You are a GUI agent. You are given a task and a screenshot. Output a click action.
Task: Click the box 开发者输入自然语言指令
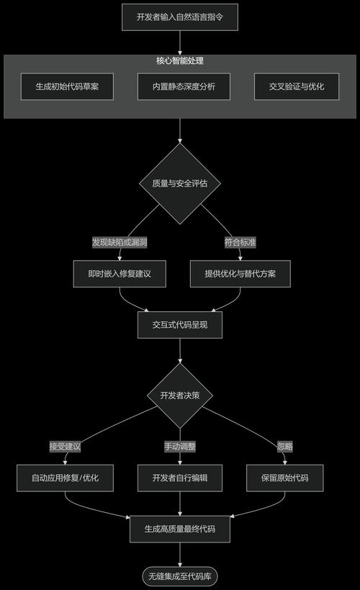point(179,17)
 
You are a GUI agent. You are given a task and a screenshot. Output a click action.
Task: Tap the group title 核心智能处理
point(179,61)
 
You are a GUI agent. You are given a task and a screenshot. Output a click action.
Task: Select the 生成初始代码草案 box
point(67,86)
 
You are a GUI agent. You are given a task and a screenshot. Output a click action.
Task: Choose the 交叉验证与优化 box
point(297,86)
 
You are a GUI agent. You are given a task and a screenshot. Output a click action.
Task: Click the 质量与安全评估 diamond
point(179,183)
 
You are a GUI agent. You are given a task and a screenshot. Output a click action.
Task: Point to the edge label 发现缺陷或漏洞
point(120,242)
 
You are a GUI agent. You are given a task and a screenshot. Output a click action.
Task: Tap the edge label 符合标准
point(240,242)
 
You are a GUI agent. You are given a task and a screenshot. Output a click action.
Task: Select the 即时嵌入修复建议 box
point(120,274)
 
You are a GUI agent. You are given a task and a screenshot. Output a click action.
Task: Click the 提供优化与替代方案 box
point(240,274)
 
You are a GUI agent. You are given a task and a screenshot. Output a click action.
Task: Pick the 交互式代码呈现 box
point(179,325)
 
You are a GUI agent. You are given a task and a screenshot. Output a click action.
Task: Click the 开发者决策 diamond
point(179,395)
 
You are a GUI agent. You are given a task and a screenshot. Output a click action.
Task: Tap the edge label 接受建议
point(65,446)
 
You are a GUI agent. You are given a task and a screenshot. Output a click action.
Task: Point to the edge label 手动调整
point(179,446)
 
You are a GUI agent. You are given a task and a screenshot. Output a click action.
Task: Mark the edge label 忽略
point(285,446)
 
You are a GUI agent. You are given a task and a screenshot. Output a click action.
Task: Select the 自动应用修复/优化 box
point(65,478)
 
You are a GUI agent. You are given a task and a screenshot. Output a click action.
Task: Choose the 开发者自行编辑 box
point(179,478)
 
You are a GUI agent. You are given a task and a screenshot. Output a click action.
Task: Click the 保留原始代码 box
point(285,478)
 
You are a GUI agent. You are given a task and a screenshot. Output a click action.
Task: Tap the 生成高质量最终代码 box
point(179,529)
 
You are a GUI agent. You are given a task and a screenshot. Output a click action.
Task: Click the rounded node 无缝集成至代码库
point(179,576)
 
